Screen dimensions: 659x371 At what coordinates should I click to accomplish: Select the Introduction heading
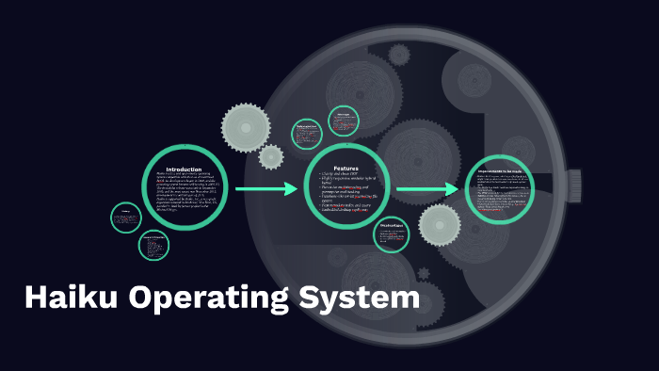(x=184, y=169)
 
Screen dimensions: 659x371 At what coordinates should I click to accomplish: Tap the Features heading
(x=346, y=168)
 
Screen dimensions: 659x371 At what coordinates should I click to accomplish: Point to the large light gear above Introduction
(x=247, y=125)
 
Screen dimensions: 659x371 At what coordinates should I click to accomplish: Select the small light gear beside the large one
(x=271, y=156)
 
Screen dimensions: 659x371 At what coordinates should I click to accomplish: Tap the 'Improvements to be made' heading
(x=505, y=170)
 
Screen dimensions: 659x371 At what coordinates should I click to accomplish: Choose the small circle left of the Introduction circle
(x=125, y=218)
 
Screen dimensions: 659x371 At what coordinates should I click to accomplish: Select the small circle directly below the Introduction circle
(x=154, y=246)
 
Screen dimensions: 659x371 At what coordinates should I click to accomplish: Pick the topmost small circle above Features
(x=344, y=121)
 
